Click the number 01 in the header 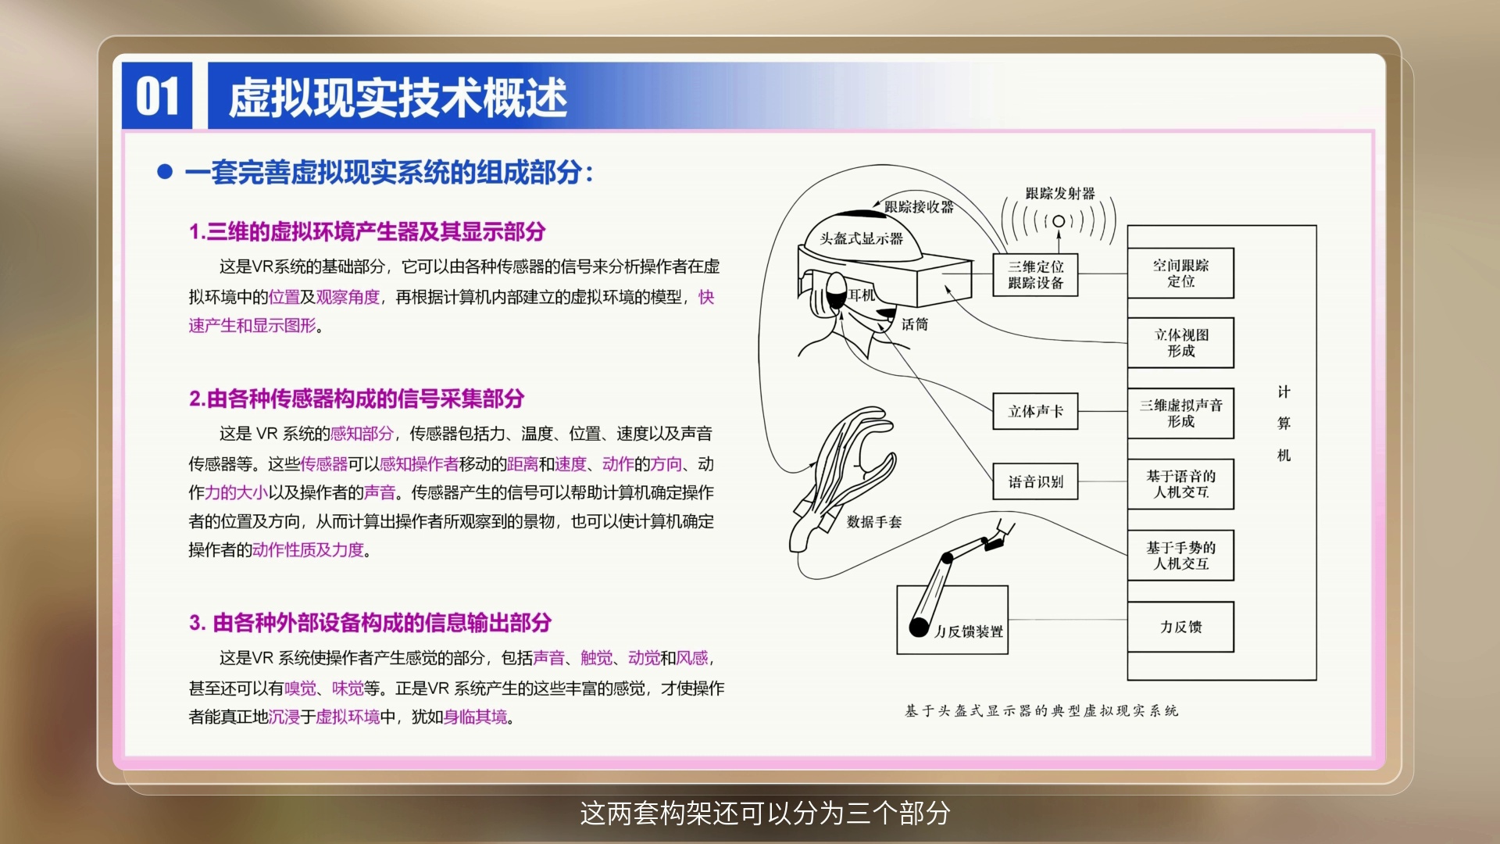pos(158,96)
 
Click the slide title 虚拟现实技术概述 pos(398,98)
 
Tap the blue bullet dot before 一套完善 pos(165,171)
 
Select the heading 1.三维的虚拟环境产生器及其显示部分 pos(367,231)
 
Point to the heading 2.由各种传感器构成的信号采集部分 pos(356,399)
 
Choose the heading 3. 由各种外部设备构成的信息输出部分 pos(370,622)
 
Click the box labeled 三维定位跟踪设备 pos(1035,275)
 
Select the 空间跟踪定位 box pos(1180,273)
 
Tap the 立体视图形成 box pos(1180,342)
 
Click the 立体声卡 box pos(1035,411)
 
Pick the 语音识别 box pos(1035,481)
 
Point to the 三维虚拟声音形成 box pos(1180,413)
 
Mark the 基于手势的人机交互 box pos(1180,556)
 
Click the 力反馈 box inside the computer pos(1180,627)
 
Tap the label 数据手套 pos(874,521)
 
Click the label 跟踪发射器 pos(1060,193)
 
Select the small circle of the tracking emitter pos(1059,221)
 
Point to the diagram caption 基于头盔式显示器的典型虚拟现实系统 pos(1041,710)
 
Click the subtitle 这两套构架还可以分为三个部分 pos(765,813)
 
